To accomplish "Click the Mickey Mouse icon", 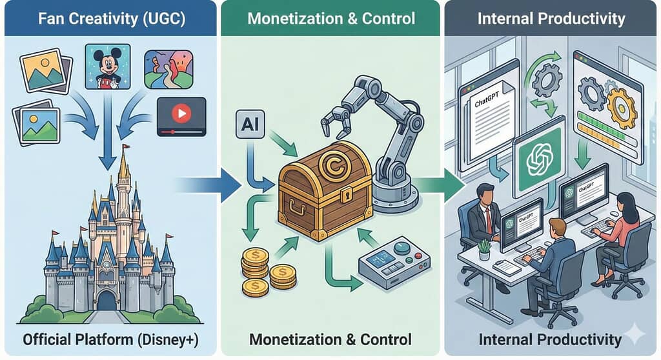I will pyautogui.click(x=108, y=66).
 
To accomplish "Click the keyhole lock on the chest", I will pyautogui.click(x=347, y=193).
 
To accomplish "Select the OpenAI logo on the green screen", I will pyautogui.click(x=539, y=159).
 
